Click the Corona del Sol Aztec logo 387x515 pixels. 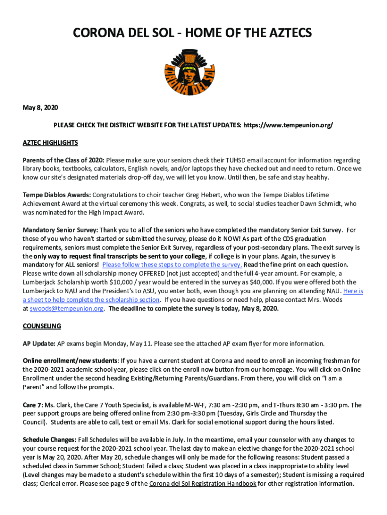tap(193, 73)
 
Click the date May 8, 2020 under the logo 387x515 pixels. tap(40, 108)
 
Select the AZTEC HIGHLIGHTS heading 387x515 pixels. tap(50, 143)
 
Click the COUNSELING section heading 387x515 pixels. tap(42, 326)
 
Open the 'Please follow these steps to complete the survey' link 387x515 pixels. tap(172, 265)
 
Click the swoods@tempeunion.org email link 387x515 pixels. tap(66, 309)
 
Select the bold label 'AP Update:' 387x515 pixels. tap(39, 344)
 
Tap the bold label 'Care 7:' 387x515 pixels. tap(33, 405)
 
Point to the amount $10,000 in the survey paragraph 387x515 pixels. tap(132, 282)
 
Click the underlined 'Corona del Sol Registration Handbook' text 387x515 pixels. tap(203, 484)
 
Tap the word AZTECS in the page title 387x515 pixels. tap(286, 33)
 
